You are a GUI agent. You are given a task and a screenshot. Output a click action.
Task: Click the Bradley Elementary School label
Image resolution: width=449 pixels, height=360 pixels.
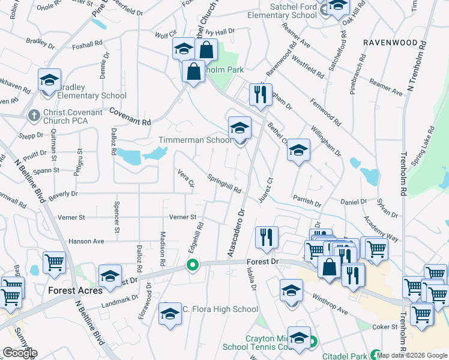tap(92, 96)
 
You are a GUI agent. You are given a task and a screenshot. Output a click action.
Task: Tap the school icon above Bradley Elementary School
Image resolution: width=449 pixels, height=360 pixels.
tap(50, 80)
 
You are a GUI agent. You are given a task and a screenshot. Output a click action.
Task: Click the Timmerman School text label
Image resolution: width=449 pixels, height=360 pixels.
tap(194, 140)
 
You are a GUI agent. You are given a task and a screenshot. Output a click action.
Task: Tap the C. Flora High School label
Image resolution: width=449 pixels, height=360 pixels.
tap(220, 310)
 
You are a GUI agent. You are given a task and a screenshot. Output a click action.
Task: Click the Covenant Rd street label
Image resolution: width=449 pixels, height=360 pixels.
tap(129, 116)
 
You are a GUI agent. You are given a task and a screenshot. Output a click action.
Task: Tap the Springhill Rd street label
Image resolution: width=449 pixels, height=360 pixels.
tap(224, 184)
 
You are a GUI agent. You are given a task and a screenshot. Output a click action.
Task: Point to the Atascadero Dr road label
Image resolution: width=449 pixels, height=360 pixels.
tap(237, 233)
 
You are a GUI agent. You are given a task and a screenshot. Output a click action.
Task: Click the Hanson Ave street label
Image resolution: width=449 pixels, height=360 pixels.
tap(86, 241)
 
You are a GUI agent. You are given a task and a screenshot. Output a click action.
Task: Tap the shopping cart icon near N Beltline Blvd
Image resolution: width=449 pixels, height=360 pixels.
tap(54, 263)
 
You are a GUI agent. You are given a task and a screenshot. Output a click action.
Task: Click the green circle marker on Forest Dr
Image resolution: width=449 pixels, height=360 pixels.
tap(193, 265)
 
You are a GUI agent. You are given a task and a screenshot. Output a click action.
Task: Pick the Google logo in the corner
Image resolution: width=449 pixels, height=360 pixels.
tap(20, 353)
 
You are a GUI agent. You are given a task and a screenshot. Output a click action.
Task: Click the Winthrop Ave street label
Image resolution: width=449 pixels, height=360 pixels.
tap(330, 304)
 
